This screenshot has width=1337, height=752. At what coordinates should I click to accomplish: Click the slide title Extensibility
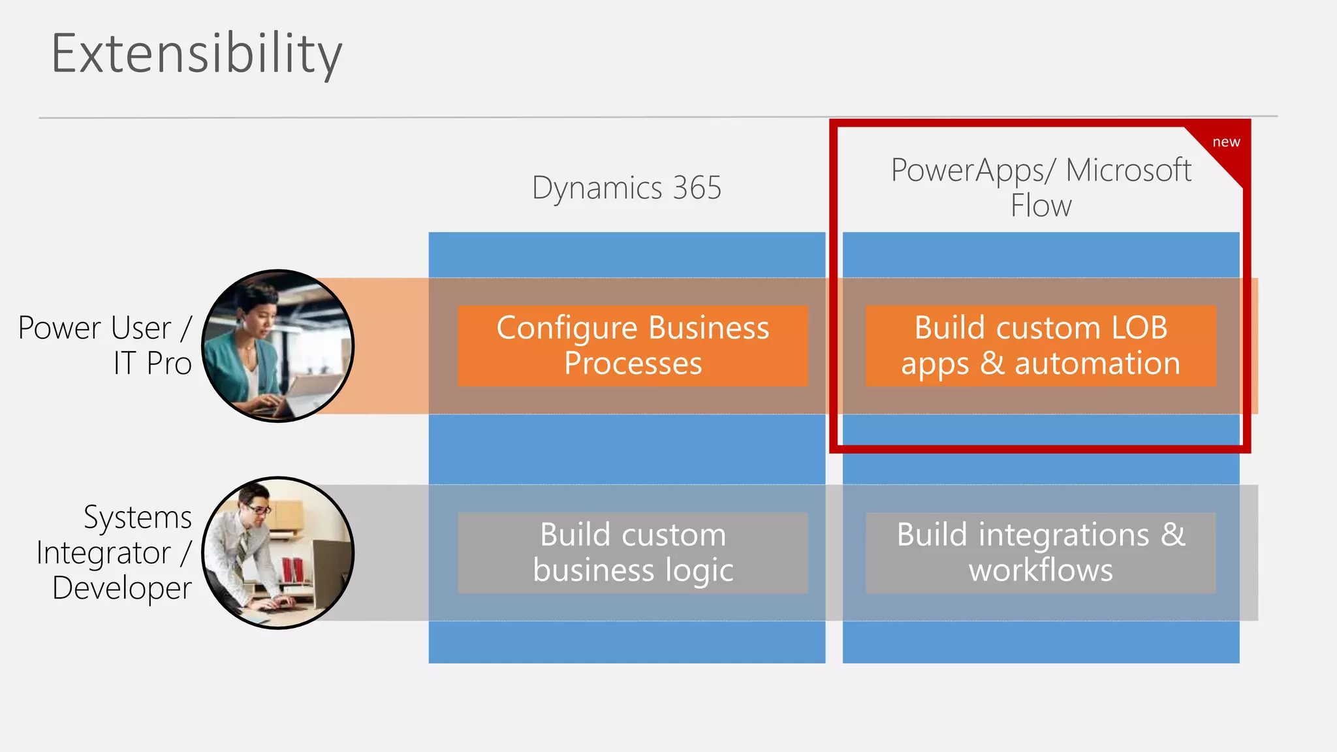(x=197, y=54)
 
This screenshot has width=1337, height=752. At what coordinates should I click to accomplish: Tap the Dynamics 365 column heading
(x=626, y=188)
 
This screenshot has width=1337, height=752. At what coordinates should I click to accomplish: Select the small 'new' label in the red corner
(x=1225, y=142)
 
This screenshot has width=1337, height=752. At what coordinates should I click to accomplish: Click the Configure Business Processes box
(x=633, y=345)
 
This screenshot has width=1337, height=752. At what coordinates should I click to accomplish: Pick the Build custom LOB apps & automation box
(x=1041, y=345)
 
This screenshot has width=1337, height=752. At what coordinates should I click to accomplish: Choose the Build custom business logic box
(x=633, y=552)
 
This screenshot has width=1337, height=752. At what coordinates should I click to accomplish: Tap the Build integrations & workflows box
(x=1041, y=552)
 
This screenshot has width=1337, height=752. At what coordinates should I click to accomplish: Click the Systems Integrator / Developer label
(x=115, y=552)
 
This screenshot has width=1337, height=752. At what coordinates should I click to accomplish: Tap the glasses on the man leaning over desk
(x=258, y=509)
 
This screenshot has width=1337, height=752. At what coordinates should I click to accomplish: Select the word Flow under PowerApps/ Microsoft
(x=1041, y=206)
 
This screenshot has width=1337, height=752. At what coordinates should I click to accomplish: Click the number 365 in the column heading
(x=697, y=188)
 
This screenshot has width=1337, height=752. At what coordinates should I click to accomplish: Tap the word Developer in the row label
(x=122, y=587)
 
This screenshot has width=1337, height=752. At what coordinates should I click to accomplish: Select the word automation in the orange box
(x=1097, y=364)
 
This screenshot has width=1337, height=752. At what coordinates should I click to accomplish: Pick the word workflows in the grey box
(x=1041, y=570)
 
